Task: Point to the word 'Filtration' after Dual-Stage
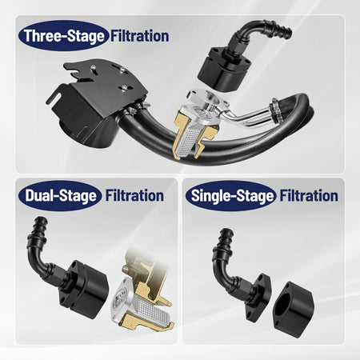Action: (x=133, y=194)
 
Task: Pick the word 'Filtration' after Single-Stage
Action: (x=309, y=195)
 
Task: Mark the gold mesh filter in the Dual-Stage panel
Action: (x=144, y=316)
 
